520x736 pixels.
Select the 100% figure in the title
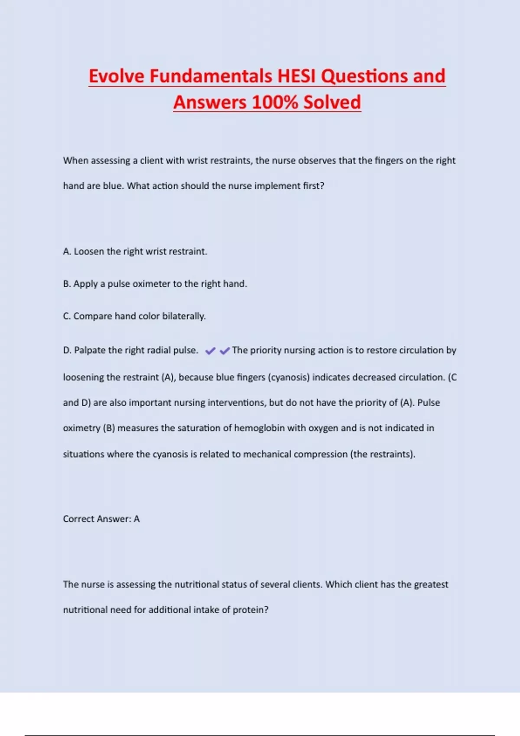click(275, 103)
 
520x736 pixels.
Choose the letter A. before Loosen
click(67, 252)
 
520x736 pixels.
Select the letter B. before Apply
click(67, 284)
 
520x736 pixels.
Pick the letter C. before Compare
click(67, 316)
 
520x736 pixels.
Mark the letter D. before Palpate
click(67, 350)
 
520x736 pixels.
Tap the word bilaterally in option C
click(183, 316)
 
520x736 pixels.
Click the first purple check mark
click(210, 351)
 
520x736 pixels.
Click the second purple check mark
click(224, 351)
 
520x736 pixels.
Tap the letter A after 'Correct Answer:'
click(137, 519)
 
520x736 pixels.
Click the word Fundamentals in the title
click(211, 76)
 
